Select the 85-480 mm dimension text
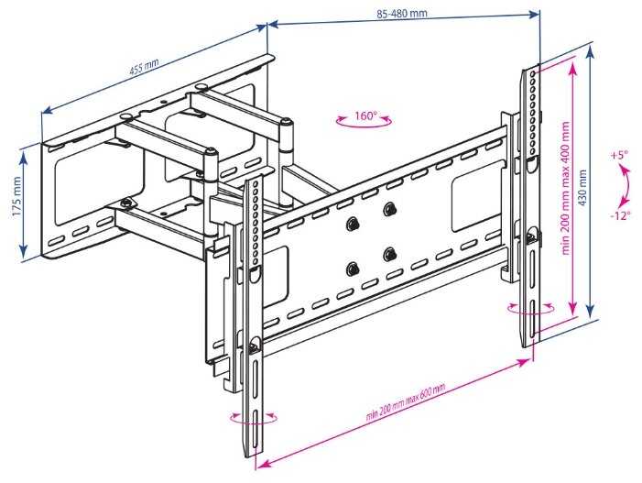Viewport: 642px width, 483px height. point(402,15)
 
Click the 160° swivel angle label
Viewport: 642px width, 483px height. point(365,116)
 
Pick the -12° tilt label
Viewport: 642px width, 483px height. point(622,216)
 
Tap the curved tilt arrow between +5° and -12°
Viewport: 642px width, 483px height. point(626,186)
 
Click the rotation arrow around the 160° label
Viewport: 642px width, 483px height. point(364,126)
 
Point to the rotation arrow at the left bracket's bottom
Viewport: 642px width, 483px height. point(254,418)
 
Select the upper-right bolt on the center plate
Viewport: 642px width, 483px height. point(390,209)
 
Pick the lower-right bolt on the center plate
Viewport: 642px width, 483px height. point(390,253)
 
